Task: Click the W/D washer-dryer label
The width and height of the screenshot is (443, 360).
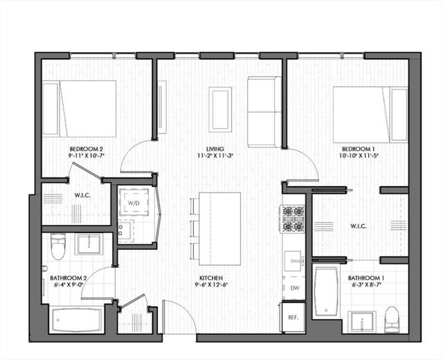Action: click(134, 203)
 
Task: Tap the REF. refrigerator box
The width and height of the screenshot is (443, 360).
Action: click(293, 317)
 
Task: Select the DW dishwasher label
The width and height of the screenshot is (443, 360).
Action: click(295, 288)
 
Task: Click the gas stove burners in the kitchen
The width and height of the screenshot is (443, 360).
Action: click(292, 219)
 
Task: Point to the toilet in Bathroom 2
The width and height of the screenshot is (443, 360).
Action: click(58, 246)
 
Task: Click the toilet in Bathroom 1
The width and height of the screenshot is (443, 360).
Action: click(392, 319)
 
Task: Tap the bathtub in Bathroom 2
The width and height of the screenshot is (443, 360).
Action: click(77, 320)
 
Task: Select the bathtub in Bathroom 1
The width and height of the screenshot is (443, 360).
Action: click(326, 291)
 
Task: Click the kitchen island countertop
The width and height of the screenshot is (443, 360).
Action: click(220, 228)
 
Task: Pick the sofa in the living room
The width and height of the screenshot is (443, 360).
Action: click(264, 112)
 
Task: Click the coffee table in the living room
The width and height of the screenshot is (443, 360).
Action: click(220, 109)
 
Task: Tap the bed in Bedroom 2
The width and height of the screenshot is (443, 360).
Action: click(79, 109)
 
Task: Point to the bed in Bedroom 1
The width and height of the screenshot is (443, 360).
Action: click(370, 115)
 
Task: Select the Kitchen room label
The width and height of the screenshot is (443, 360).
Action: click(211, 278)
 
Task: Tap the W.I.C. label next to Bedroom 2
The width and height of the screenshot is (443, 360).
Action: click(82, 195)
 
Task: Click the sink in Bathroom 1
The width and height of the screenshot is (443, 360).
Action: click(361, 322)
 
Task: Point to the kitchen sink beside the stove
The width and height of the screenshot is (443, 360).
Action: click(293, 261)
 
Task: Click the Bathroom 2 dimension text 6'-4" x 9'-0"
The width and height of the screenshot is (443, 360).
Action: click(69, 285)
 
